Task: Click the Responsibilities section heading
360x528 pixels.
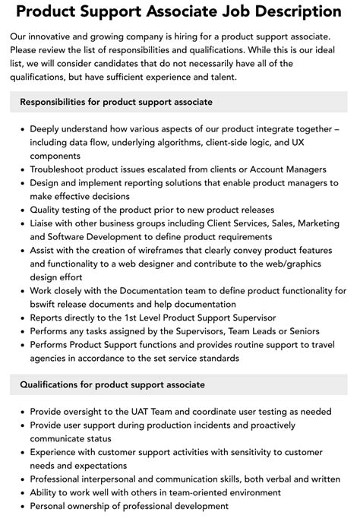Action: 116,102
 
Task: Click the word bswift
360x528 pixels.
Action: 46,304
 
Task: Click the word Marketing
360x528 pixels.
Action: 314,224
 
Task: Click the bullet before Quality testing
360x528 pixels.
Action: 21,210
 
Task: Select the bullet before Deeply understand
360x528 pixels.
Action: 21,128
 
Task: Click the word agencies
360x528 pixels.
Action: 52,359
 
